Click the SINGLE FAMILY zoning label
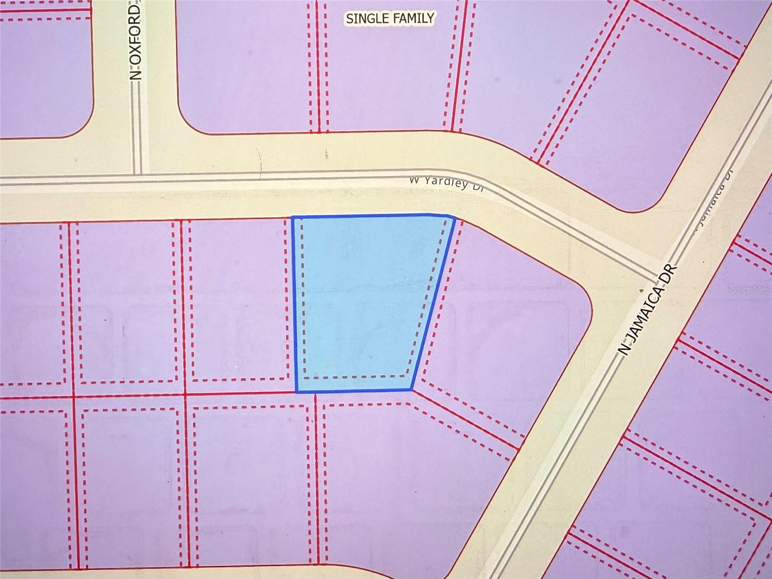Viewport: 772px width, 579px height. [x=390, y=18]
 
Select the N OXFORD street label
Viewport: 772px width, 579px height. [x=137, y=42]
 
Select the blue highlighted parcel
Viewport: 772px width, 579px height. [x=367, y=299]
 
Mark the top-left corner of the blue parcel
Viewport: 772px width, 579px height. [x=293, y=217]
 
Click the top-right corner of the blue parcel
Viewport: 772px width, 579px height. [x=454, y=218]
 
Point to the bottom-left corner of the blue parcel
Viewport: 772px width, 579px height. [x=296, y=392]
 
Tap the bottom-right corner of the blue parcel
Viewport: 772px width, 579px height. [x=412, y=389]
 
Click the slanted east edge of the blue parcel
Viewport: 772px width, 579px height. [x=433, y=304]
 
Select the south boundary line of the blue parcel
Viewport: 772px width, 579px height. [x=354, y=391]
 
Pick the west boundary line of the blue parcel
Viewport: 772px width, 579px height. [x=294, y=304]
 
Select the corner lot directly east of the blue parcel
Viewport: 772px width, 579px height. [x=507, y=328]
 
